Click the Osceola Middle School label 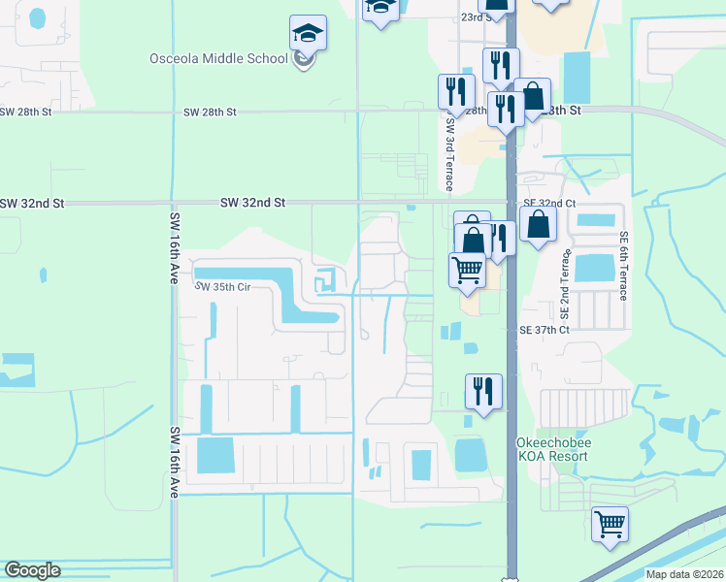coord(218,58)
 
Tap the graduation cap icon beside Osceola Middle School coord(308,36)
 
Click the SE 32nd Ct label coord(549,203)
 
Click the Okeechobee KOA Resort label coord(550,448)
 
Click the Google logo coord(32,570)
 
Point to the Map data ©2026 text coord(683,574)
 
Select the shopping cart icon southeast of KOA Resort coord(610,525)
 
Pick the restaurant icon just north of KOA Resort coord(483,391)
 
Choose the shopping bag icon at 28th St coord(533,97)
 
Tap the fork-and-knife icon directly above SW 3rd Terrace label coord(455,92)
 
